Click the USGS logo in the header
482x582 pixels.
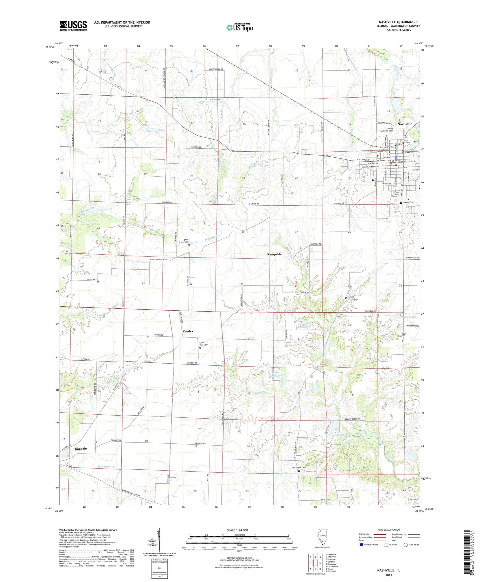coord(73,26)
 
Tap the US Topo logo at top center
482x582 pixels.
coord(239,27)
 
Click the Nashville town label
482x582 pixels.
coord(405,124)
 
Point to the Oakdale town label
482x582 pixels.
coord(81,449)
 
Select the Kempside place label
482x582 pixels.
coord(275,254)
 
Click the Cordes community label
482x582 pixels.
coord(188,331)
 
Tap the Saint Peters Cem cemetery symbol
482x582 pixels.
coord(188,245)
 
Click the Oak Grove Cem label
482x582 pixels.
coord(299,467)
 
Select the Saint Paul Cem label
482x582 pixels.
coord(203,344)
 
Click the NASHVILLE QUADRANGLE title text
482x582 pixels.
coord(398,22)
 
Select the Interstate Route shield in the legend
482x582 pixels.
coord(362,545)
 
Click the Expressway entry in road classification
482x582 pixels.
coord(364,534)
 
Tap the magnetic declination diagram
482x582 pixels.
coord(159,542)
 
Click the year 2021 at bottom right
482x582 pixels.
coord(389,575)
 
